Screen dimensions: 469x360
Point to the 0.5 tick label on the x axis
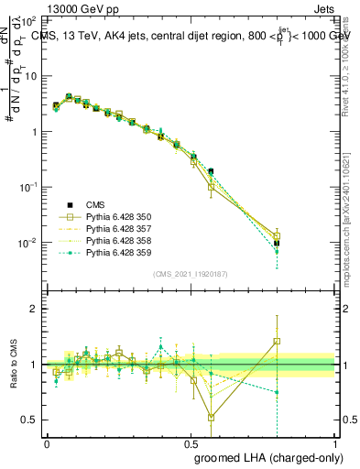(x=191, y=443)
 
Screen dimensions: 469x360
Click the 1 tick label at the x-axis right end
(x=334, y=443)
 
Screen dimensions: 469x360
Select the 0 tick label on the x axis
(x=48, y=443)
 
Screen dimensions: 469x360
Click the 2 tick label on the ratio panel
(x=33, y=309)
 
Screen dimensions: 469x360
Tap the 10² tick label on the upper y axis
(x=29, y=20)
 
